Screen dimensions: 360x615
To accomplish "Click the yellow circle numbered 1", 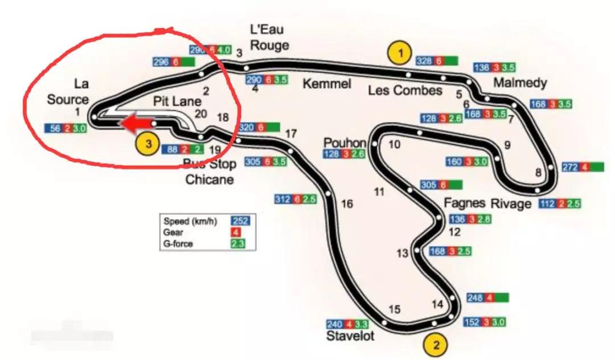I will click(x=400, y=54).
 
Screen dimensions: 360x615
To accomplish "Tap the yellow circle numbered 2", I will click(x=436, y=343).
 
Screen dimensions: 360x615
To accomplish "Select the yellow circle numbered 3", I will click(x=148, y=144).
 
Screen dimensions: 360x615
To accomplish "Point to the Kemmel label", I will click(x=326, y=84).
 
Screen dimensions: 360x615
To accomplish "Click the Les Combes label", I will click(x=405, y=90).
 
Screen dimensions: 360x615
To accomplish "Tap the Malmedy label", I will click(x=520, y=83).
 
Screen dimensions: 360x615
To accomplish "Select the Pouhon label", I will click(x=345, y=141).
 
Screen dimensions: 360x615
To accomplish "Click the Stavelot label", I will click(x=350, y=336).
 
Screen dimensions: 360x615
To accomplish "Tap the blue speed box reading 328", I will click(x=424, y=61).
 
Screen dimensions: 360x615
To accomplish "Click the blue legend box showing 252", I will click(x=240, y=221).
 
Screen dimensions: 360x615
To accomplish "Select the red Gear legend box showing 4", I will click(x=235, y=232).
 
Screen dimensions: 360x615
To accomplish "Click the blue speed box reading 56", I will click(x=55, y=129).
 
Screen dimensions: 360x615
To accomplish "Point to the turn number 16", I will click(x=347, y=203).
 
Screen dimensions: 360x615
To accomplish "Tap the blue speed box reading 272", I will click(x=570, y=167).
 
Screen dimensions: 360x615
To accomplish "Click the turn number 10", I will click(x=394, y=144).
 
